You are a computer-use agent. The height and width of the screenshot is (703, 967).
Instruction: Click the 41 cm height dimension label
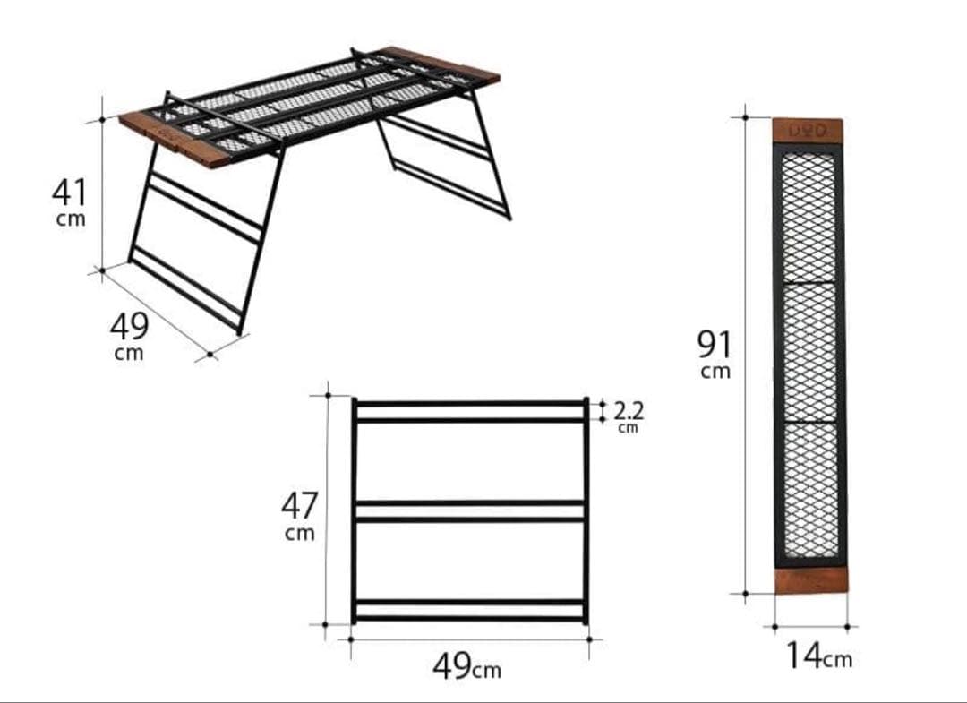point(69,201)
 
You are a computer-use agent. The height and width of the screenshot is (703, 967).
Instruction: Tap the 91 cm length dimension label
point(715,354)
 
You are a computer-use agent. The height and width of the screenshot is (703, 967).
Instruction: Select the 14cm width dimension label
point(819,656)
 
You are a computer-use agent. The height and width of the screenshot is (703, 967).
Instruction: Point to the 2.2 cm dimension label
point(629,416)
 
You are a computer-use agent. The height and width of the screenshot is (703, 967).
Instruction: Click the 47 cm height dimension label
point(300,516)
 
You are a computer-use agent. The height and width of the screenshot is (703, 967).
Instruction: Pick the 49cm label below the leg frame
point(466,667)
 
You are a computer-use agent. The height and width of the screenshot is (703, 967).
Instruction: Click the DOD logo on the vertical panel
point(808,132)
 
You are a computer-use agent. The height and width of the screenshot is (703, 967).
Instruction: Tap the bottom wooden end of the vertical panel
point(811,580)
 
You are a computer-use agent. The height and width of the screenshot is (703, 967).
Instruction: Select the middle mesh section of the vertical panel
point(810,351)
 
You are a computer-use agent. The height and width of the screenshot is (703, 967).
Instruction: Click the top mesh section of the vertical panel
point(809,216)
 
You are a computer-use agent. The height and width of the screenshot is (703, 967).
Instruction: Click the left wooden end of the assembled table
point(175,140)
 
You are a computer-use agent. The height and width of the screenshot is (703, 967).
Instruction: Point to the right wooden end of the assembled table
point(439,65)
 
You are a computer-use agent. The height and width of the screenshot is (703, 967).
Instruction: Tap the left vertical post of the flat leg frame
point(354,510)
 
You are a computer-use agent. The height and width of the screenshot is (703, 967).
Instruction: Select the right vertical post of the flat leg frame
point(586,510)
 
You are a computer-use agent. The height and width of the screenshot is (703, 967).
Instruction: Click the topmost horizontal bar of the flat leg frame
point(470,404)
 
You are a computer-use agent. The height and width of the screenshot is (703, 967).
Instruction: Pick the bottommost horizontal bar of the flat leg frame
point(470,618)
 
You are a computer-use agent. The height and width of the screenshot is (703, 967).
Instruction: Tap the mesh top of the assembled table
point(308,104)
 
